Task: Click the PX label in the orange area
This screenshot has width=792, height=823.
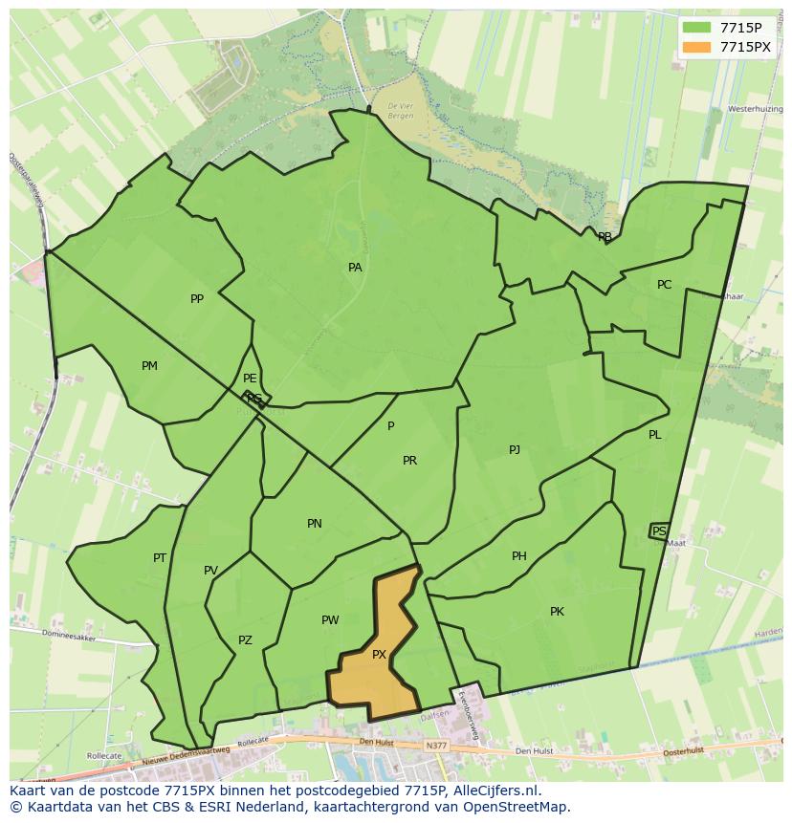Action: click(x=379, y=655)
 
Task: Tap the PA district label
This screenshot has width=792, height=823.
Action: click(x=355, y=268)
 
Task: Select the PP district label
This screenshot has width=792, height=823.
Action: click(x=197, y=299)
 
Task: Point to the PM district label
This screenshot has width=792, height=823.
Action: click(x=149, y=366)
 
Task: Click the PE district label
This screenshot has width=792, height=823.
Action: click(x=250, y=379)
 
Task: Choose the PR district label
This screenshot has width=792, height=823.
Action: click(x=409, y=461)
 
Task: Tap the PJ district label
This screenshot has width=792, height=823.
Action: click(x=515, y=449)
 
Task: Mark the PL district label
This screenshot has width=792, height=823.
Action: click(x=654, y=435)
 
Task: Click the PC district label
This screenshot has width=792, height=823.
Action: click(x=664, y=285)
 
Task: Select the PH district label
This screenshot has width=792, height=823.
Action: click(x=519, y=556)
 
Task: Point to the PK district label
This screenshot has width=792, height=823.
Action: click(x=557, y=612)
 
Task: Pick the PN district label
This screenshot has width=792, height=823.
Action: click(x=315, y=524)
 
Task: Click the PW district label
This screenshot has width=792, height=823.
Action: click(x=330, y=620)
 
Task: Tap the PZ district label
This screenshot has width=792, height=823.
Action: click(x=245, y=640)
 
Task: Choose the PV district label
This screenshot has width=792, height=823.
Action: click(x=210, y=571)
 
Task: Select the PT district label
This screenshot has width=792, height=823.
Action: click(x=160, y=558)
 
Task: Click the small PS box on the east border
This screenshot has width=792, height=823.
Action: click(x=659, y=531)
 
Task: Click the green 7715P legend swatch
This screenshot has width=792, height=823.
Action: click(x=696, y=28)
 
